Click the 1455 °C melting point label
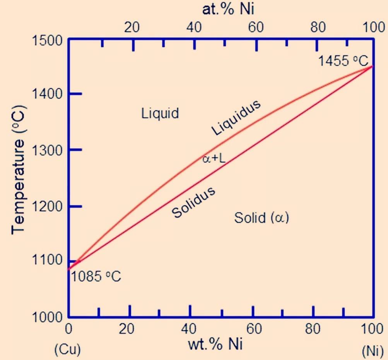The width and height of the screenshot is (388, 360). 343,61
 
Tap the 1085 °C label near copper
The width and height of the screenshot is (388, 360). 96,276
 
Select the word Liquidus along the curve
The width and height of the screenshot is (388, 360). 236,117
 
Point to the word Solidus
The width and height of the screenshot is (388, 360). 193,202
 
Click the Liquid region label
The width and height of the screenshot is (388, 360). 160,113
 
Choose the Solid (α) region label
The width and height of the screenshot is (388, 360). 262,218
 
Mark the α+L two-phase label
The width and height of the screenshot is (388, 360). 214,159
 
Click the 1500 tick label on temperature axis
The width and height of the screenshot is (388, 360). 47,40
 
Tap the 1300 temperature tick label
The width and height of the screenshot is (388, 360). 47,150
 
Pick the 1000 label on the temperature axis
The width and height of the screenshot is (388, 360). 47,317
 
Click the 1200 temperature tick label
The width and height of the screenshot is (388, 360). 47,206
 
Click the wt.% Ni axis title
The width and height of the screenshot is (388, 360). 215,344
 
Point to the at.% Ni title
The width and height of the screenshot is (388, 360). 228,9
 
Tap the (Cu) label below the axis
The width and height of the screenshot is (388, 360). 67,350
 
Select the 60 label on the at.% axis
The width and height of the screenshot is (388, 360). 256,27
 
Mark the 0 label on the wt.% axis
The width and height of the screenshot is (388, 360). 68,329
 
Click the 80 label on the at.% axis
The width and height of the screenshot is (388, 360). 318,27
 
